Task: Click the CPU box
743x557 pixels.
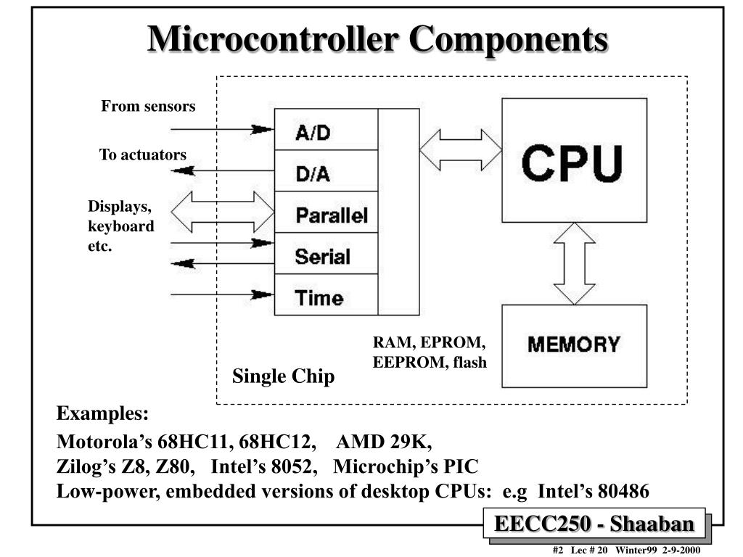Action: coord(574,160)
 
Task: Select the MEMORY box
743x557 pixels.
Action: coord(574,345)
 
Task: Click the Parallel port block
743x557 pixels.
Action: coord(326,213)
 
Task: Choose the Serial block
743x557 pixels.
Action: coord(326,255)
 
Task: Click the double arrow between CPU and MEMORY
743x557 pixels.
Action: coord(574,263)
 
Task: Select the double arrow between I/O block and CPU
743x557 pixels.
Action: coord(461,149)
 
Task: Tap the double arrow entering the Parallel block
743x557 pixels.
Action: coord(223,212)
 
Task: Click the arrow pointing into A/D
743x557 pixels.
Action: coord(221,130)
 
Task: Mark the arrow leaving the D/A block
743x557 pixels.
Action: coord(221,170)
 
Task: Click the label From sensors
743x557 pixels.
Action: coord(148,107)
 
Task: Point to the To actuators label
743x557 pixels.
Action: coord(143,154)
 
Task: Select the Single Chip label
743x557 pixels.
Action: coord(283,376)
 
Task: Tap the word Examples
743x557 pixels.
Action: coord(103,414)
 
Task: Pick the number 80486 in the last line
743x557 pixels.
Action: coord(623,492)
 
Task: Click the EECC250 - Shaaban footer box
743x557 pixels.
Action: coord(594,524)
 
